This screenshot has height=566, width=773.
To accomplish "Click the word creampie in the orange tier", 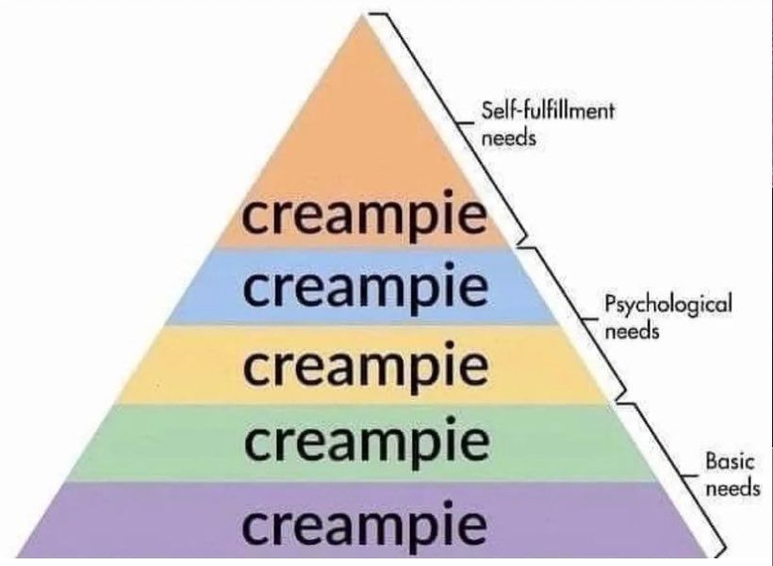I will click(x=366, y=216).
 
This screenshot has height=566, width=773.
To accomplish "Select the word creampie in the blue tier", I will click(x=366, y=288).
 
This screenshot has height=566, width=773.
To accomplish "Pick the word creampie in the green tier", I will click(x=366, y=441).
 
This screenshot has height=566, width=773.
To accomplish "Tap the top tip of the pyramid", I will click(x=363, y=17).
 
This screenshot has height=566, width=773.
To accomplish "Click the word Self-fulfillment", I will click(x=548, y=110).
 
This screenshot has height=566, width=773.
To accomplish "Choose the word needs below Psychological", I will click(x=631, y=332).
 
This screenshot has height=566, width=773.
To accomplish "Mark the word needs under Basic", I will click(x=732, y=488).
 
